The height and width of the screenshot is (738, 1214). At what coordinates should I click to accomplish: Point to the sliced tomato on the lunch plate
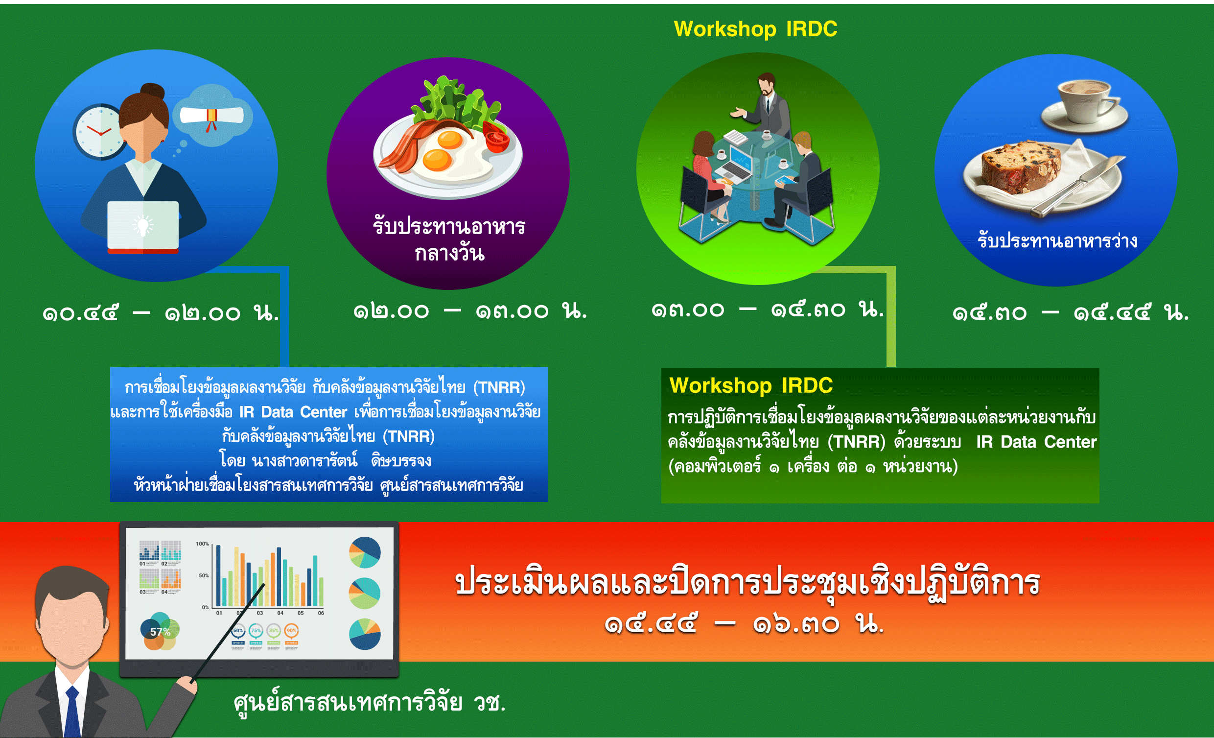click(497, 138)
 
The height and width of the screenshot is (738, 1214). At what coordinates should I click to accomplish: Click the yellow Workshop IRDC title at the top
click(755, 29)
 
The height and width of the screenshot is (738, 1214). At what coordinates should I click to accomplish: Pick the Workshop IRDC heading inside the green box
click(751, 385)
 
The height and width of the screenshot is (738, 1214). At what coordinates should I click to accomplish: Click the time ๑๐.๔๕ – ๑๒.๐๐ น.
click(161, 312)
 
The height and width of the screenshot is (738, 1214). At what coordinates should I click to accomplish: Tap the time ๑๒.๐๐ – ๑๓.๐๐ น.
click(470, 310)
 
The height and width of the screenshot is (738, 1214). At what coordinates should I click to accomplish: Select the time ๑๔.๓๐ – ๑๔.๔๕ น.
click(1070, 312)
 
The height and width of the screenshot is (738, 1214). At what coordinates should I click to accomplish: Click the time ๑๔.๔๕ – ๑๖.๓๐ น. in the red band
click(744, 623)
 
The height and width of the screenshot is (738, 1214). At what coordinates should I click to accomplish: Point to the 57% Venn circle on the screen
click(160, 632)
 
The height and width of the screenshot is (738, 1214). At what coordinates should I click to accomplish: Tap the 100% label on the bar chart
click(202, 544)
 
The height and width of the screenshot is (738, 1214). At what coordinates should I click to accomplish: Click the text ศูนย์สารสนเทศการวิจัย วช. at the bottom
click(370, 702)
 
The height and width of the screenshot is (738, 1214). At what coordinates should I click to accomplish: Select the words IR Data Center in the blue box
click(293, 412)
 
